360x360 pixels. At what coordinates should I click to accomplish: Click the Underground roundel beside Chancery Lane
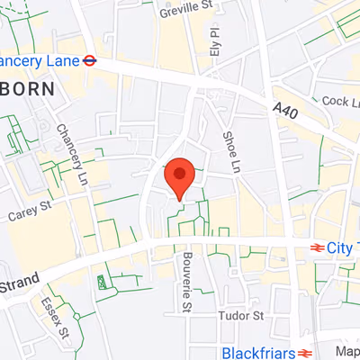(x=90, y=61)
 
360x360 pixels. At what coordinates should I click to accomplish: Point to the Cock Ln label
(x=339, y=102)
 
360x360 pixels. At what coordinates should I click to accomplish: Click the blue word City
(x=338, y=247)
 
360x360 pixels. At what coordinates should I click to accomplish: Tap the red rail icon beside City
(x=317, y=247)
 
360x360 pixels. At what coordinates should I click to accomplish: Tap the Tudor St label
(x=240, y=316)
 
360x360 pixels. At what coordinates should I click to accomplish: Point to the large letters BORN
(x=27, y=89)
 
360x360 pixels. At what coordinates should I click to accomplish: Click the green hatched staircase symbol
(x=103, y=283)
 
